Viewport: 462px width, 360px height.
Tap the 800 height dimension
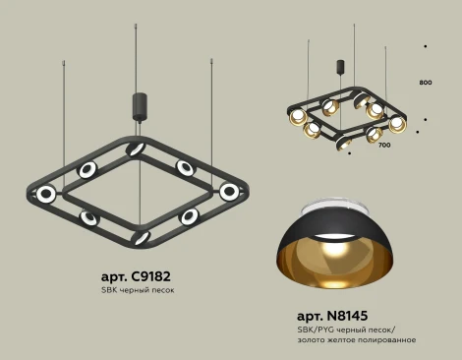pos(426,83)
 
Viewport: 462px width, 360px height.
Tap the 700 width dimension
pos(383,145)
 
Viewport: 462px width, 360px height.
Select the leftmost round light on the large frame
pos(44,194)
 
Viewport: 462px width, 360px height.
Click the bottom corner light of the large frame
pos(139,237)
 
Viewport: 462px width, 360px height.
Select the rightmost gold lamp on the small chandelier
pos(397,124)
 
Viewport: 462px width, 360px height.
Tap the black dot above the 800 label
pos(425,45)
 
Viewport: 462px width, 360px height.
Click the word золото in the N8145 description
pos(312,339)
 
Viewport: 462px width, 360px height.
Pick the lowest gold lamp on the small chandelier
pos(344,144)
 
